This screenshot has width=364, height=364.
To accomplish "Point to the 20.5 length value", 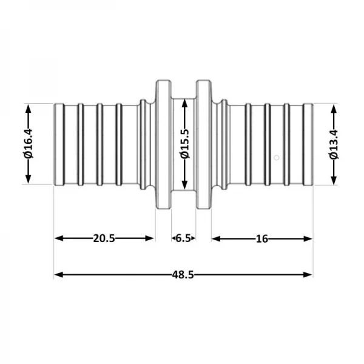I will [104, 238].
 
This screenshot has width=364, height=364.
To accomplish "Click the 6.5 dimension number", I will [183, 238].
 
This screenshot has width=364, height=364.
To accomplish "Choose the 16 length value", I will [262, 238].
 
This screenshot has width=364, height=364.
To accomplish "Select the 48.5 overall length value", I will [183, 275].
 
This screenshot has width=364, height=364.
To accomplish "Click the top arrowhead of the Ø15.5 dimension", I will [184, 102].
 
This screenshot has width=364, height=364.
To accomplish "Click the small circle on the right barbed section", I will [276, 158].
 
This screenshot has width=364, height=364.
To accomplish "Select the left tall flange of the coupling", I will [163, 144].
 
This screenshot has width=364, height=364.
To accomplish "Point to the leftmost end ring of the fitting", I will [59, 144].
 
